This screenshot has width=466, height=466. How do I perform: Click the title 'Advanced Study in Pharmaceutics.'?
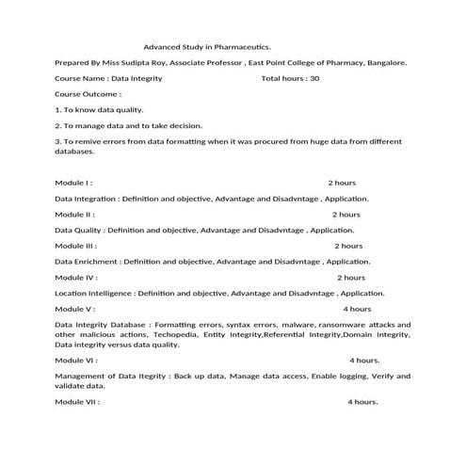tap(206, 45)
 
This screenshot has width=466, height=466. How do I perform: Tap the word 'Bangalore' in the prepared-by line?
tap(377, 62)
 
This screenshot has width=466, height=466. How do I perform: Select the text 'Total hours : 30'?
tap(290, 79)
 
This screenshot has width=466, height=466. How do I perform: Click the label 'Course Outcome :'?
tap(88, 95)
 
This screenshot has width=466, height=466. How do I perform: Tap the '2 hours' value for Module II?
tap(345, 215)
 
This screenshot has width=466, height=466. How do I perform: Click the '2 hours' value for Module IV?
tap(350, 278)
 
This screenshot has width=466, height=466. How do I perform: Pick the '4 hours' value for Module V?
tap(357, 309)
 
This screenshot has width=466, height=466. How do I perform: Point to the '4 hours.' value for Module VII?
tap(362, 402)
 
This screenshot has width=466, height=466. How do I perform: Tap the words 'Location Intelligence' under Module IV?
tap(92, 294)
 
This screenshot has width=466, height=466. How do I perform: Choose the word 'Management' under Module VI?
tap(78, 377)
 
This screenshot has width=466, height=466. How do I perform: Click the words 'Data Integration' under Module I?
tap(86, 199)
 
